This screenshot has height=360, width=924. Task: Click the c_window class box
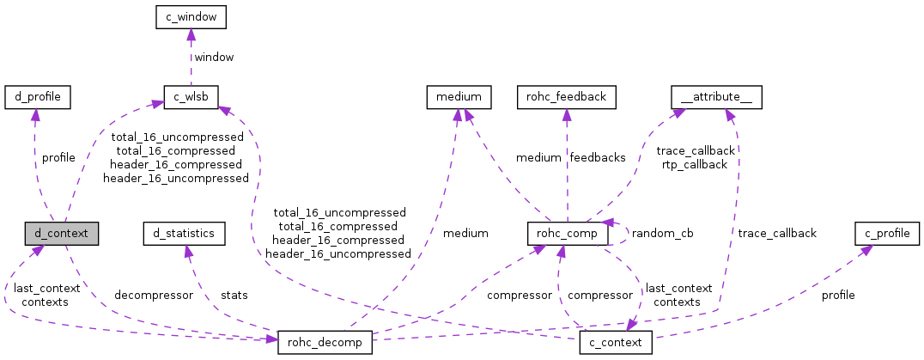tap(190, 16)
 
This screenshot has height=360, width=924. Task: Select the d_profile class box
tap(37, 96)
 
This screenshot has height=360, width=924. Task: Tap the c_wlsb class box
tap(191, 96)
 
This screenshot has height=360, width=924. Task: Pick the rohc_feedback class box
tap(565, 96)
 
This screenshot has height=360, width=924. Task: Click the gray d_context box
tap(61, 232)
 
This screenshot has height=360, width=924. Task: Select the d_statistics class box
tap(184, 232)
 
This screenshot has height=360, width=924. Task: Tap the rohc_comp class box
tap(567, 232)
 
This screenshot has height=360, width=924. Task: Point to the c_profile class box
tap(880, 232)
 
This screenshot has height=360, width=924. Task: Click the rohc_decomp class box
tap(325, 342)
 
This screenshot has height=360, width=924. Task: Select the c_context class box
tap(616, 342)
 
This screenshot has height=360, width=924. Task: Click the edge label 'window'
tap(214, 57)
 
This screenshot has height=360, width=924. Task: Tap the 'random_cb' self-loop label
tap(662, 233)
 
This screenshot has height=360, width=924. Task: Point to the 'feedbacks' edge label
tap(599, 157)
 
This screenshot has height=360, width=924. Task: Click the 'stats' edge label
tap(234, 295)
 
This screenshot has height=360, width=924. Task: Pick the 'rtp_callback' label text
tap(696, 164)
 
